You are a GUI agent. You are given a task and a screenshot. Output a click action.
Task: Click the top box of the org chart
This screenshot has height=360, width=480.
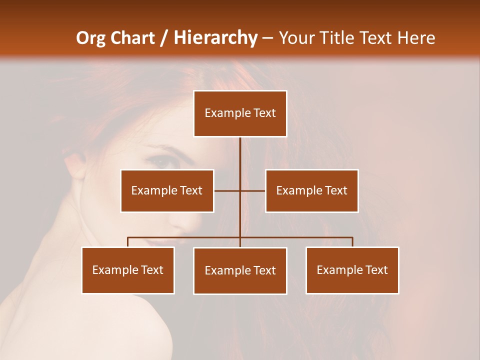click(240, 113)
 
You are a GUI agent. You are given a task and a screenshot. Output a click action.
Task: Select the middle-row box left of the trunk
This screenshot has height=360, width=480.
click(167, 190)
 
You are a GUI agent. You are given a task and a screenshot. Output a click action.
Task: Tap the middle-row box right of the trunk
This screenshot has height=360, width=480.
click(311, 190)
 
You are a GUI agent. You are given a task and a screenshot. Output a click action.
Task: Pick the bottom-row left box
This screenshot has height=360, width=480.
click(128, 270)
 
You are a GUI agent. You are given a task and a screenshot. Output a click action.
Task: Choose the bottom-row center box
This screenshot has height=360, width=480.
click(240, 270)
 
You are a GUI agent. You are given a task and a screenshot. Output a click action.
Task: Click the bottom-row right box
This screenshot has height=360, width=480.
click(352, 270)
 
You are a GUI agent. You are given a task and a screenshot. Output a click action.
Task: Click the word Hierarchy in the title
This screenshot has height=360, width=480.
click(215, 38)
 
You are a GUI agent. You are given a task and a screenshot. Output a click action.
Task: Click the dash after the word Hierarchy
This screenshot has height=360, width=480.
click(267, 38)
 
